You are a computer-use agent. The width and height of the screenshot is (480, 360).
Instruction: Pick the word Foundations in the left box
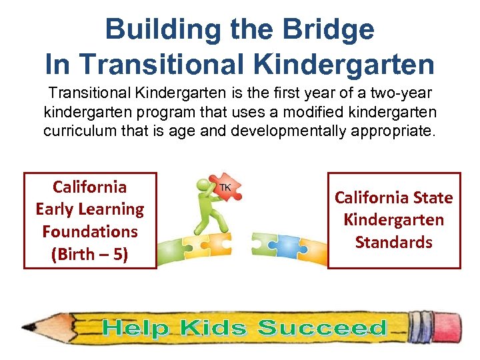tap(90, 231)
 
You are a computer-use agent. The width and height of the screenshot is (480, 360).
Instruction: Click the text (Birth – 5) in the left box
tap(90, 254)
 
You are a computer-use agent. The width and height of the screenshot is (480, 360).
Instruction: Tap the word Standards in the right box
tap(393, 242)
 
